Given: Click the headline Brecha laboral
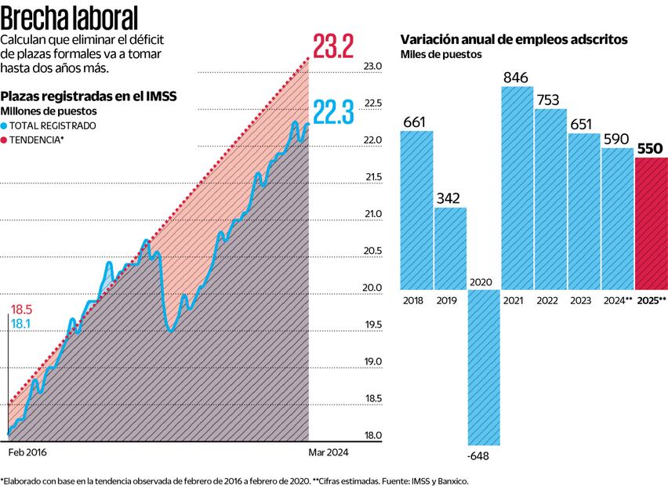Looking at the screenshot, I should (x=70, y=17).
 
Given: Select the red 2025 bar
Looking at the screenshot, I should (x=651, y=223).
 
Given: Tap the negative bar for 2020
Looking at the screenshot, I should (x=484, y=368).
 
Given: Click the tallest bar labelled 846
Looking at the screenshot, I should (x=517, y=188).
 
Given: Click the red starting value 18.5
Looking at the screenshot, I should (x=21, y=310).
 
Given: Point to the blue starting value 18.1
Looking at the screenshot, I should (x=20, y=323).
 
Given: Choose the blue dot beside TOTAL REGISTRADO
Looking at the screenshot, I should (x=5, y=125).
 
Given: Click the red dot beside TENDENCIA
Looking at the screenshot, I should (x=5, y=140).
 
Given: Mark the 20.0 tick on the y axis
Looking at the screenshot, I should (x=371, y=288).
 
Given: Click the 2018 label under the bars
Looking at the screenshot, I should (x=412, y=300).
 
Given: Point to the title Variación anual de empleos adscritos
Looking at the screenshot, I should (x=514, y=39).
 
